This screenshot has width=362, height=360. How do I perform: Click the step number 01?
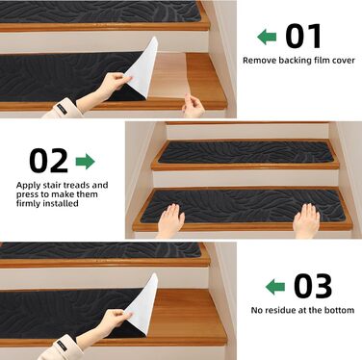click(303, 37)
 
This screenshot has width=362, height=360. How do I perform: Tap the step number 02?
click(49, 161)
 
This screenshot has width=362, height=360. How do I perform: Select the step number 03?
click(313, 286)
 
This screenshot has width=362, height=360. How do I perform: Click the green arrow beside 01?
click(267, 37)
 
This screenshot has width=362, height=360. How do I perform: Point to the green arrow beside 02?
click(86, 162)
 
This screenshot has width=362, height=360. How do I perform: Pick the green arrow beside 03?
click(275, 287)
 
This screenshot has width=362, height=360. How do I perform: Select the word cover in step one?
click(343, 61)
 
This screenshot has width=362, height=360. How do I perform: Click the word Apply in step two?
click(28, 186)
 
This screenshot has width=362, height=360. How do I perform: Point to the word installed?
click(61, 203)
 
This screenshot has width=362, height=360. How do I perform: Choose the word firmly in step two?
click(28, 204)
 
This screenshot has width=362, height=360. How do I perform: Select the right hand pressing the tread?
click(306, 220)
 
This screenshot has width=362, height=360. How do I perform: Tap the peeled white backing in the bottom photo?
click(142, 305)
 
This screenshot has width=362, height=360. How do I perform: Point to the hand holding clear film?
click(194, 106)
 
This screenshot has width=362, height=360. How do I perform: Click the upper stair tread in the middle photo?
click(245, 152)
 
